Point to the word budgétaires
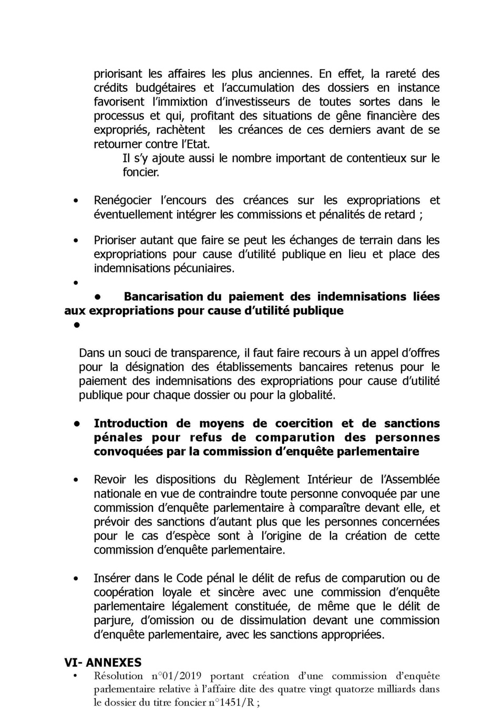(166, 88)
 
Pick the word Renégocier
(122, 201)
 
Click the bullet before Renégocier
(76, 201)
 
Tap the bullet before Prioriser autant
(76, 240)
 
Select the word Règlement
(272, 480)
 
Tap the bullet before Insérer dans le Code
(76, 579)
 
